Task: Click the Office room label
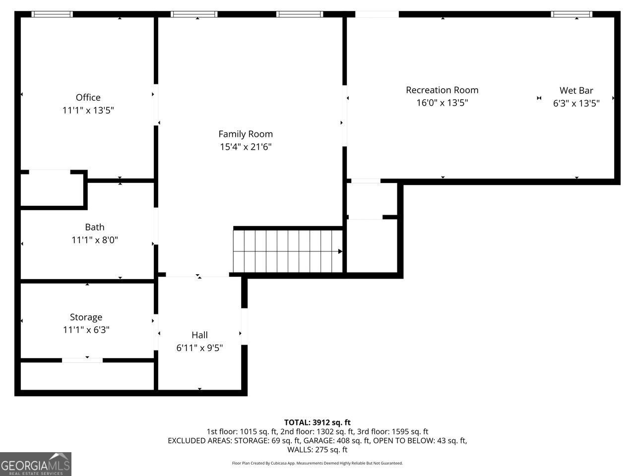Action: tap(88, 98)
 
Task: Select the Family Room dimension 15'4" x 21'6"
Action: tap(246, 147)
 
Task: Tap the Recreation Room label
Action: tap(442, 90)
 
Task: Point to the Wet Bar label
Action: tap(576, 90)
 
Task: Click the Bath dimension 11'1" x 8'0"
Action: tap(95, 240)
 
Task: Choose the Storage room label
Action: tap(86, 317)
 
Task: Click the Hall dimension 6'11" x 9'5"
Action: tap(199, 348)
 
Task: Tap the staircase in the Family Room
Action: tap(287, 251)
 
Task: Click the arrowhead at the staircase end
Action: tap(340, 251)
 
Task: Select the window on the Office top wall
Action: tap(52, 14)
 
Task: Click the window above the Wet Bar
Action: tap(571, 14)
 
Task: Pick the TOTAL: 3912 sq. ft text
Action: tap(317, 422)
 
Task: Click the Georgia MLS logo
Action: tap(36, 464)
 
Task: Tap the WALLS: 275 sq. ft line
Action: tap(317, 450)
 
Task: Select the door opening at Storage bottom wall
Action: tap(82, 360)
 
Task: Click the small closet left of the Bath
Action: tap(51, 188)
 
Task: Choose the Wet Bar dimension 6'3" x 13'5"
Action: tap(576, 103)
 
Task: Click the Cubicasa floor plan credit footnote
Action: tap(317, 463)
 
